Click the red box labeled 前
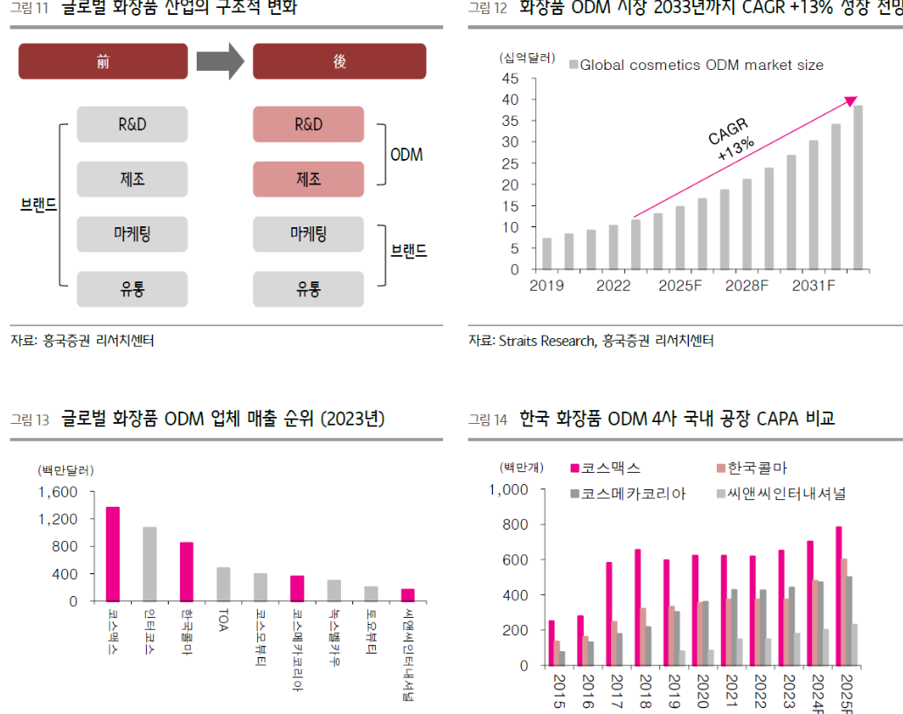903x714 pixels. click(x=103, y=62)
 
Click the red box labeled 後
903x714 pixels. click(x=339, y=62)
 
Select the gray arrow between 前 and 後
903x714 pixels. click(x=219, y=62)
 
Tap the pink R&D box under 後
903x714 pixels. click(x=308, y=124)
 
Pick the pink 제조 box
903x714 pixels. click(x=308, y=179)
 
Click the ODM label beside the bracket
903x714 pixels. click(x=406, y=155)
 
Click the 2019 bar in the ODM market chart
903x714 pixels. click(x=546, y=253)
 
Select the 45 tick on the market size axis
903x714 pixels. click(x=511, y=79)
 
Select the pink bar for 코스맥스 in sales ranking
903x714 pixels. click(x=113, y=554)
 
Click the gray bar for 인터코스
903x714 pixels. click(x=149, y=564)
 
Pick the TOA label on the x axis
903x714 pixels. click(x=223, y=621)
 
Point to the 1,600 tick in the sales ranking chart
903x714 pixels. click(x=59, y=492)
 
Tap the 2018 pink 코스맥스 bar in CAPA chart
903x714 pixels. click(x=637, y=607)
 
